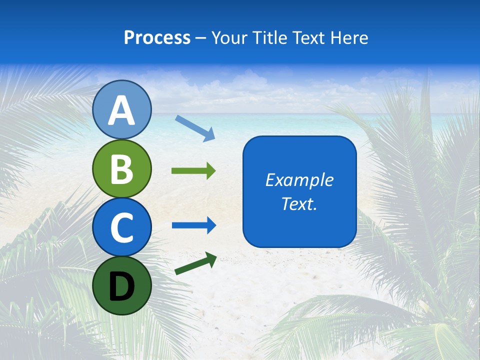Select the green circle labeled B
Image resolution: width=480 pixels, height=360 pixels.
pos(122,168)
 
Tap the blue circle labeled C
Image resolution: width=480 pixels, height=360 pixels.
pos(122,227)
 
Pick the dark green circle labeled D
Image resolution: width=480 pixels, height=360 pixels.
pos(122,285)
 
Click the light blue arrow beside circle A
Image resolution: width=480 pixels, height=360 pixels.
pos(195,127)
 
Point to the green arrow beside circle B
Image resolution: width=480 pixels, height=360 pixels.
pos(193,171)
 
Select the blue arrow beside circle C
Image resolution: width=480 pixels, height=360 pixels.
pos(194,225)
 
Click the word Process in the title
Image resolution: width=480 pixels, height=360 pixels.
pos(157,37)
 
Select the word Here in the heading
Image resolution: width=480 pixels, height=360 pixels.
pos(350,37)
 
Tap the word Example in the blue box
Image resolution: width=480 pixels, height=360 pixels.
pos(299,180)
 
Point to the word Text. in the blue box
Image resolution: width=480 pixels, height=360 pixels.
pos(299,203)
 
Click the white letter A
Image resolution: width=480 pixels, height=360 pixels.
pos(122,110)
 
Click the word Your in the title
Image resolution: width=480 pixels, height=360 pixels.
pos(228,37)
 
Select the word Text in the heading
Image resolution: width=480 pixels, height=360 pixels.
pos(308,37)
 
